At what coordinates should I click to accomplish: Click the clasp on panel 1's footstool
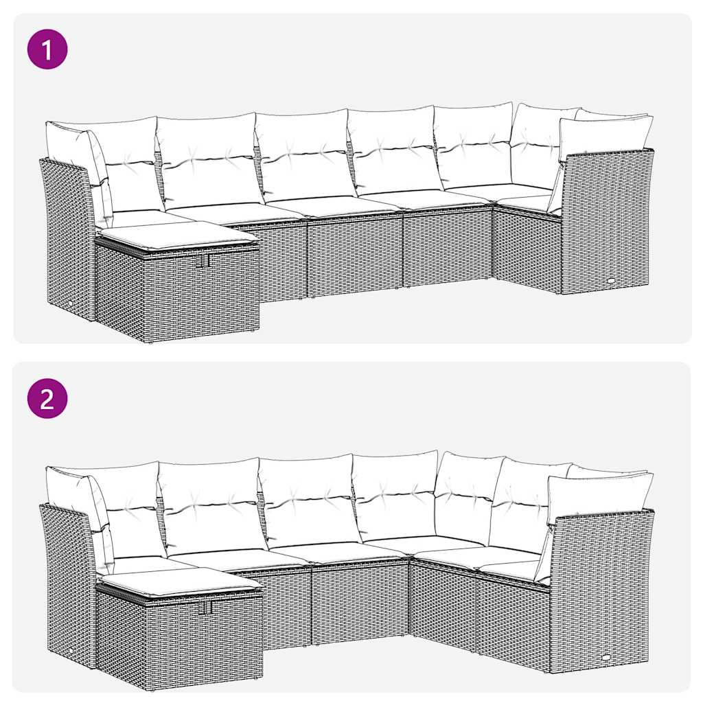(x=203, y=262)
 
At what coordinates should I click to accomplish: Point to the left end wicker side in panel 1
(x=67, y=233)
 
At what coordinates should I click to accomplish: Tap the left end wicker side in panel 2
(x=67, y=580)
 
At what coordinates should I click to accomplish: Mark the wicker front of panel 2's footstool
(x=180, y=642)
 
